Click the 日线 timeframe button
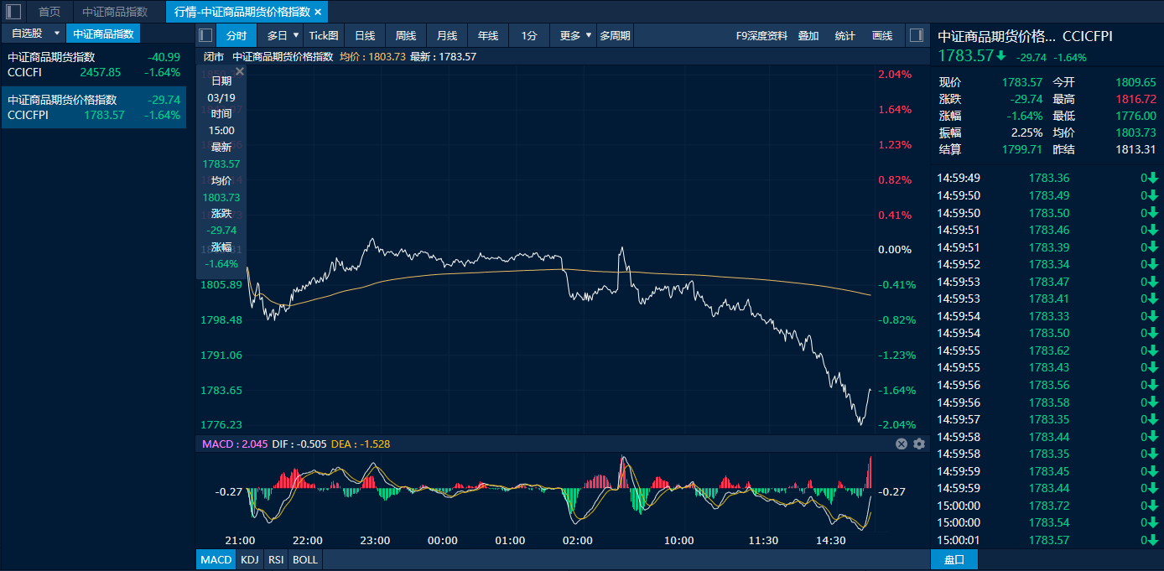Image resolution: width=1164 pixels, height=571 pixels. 365,35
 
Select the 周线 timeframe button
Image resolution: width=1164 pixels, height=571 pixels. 406,35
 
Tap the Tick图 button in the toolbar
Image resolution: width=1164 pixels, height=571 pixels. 324,35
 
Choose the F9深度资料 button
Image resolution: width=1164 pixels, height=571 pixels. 761,35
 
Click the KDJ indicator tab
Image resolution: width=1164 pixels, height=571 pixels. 250,559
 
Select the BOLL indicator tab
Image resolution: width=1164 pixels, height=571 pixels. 305,559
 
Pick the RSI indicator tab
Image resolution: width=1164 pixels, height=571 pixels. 275,559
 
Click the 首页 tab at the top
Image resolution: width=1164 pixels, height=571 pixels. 49,12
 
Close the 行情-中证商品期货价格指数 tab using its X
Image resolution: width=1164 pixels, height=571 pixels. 318,12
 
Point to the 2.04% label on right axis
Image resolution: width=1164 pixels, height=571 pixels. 895,74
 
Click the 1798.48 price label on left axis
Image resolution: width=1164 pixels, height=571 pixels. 221,319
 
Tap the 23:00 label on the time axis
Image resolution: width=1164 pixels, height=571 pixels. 375,540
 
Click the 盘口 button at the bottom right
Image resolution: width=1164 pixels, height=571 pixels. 954,559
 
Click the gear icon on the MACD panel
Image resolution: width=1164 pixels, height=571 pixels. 919,444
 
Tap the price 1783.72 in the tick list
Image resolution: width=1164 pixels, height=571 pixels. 1049,506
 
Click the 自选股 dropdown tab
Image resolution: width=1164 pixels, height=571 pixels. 33,34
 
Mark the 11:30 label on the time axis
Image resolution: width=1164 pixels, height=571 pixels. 764,540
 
